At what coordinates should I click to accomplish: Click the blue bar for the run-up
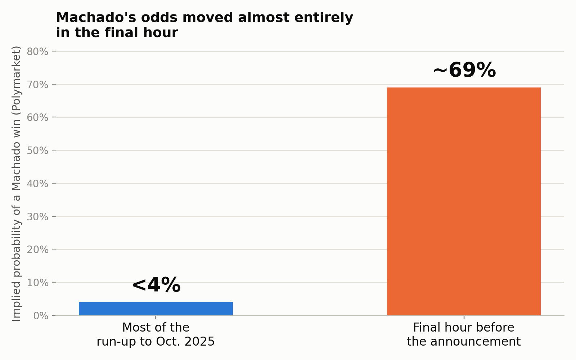click(x=156, y=309)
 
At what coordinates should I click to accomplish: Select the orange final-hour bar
click(x=464, y=201)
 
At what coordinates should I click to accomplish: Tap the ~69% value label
click(x=465, y=70)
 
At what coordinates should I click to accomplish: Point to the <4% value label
click(x=156, y=285)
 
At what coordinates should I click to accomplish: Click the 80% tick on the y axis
click(x=37, y=52)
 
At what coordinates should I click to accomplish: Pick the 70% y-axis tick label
click(x=37, y=85)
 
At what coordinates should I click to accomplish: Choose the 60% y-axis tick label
click(x=37, y=117)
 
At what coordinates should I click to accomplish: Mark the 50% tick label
click(x=37, y=150)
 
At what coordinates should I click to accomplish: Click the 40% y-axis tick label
click(x=37, y=184)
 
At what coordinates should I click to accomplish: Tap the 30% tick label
click(x=37, y=217)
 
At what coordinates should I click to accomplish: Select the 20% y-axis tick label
click(x=37, y=249)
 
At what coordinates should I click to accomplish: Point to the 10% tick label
click(x=37, y=283)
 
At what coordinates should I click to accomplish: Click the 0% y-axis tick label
click(x=41, y=316)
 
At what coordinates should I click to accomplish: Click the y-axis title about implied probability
click(x=16, y=184)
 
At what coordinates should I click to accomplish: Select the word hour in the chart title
click(x=161, y=33)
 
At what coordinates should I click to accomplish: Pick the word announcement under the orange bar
click(x=476, y=342)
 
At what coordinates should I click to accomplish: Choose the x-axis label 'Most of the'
click(x=156, y=327)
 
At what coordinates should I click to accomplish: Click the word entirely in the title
click(x=324, y=18)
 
